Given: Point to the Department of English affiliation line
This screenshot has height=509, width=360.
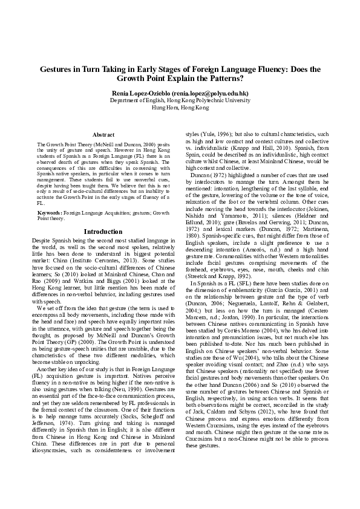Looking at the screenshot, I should pyautogui.click(x=180, y=101).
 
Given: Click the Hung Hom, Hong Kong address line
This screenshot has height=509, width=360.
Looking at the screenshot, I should pyautogui.click(x=180, y=108).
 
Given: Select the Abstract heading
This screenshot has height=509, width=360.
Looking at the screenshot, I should pyautogui.click(x=103, y=134).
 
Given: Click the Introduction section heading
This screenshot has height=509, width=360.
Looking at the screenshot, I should pyautogui.click(x=103, y=248).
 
